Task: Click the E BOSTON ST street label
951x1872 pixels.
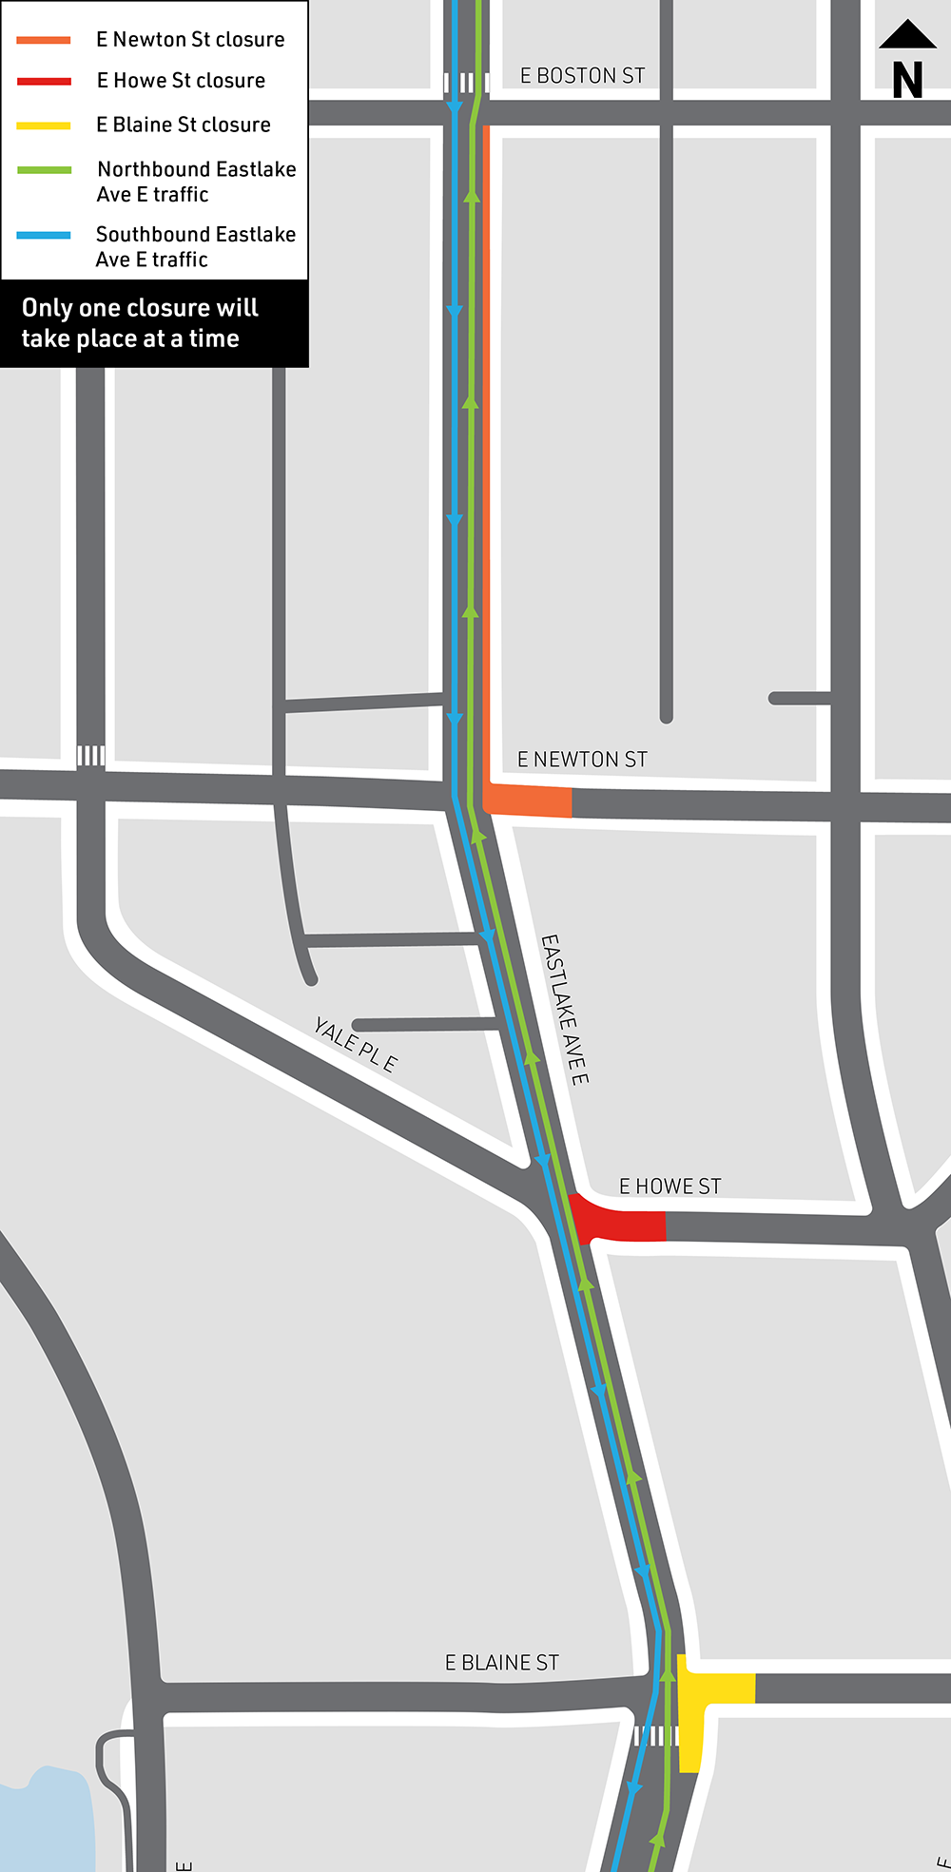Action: [x=582, y=76]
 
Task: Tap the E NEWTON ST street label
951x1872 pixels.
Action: [x=582, y=760]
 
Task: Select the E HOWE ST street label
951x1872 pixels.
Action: [x=670, y=1187]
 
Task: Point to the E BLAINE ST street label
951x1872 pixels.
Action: [x=501, y=1663]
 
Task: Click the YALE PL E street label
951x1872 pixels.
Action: [x=355, y=1045]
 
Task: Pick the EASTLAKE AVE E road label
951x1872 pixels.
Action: [x=565, y=1009]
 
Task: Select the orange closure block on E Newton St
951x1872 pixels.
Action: [x=529, y=801]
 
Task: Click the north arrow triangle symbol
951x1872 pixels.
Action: [x=908, y=34]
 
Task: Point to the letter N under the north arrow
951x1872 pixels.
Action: [x=908, y=81]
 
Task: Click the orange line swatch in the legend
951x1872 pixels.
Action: [x=44, y=40]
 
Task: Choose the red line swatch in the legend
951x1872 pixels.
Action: [x=44, y=82]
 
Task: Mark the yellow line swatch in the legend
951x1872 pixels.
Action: [x=44, y=125]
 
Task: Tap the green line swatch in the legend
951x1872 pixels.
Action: [x=44, y=170]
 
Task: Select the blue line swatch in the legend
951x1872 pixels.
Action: [x=44, y=235]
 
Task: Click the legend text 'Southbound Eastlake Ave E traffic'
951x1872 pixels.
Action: [x=195, y=246]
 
